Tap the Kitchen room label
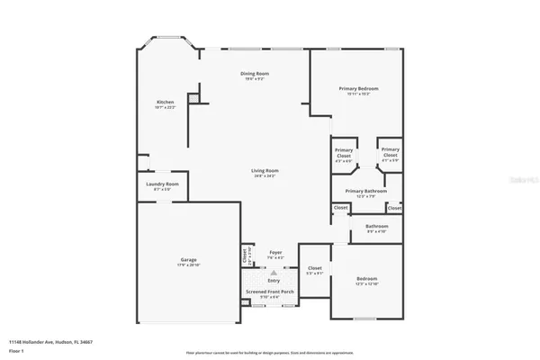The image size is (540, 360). click(166, 102)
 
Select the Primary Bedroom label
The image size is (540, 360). click(358, 88)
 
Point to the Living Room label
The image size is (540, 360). click(264, 170)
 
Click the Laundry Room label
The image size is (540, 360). click(162, 184)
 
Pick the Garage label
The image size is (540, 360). click(188, 259)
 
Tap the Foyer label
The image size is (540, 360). click(275, 253)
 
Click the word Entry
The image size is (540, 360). click(274, 281)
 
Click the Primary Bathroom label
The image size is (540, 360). click(365, 191)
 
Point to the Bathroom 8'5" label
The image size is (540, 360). click(376, 226)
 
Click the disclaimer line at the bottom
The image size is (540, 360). click(270, 352)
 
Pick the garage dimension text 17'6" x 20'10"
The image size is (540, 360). click(188, 265)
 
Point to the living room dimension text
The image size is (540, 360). click(264, 175)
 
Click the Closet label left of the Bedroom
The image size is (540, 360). click(315, 268)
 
